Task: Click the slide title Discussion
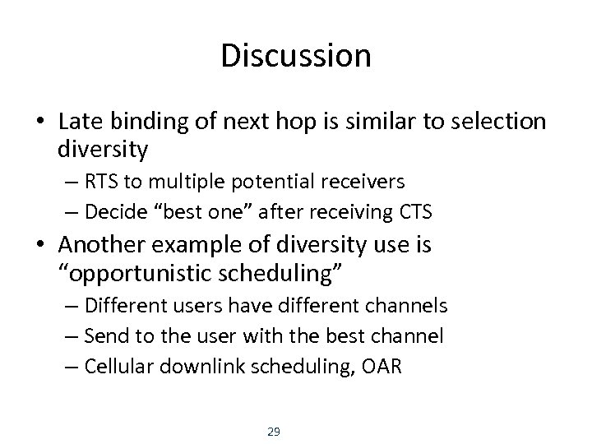click(296, 56)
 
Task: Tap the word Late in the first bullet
click(79, 123)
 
